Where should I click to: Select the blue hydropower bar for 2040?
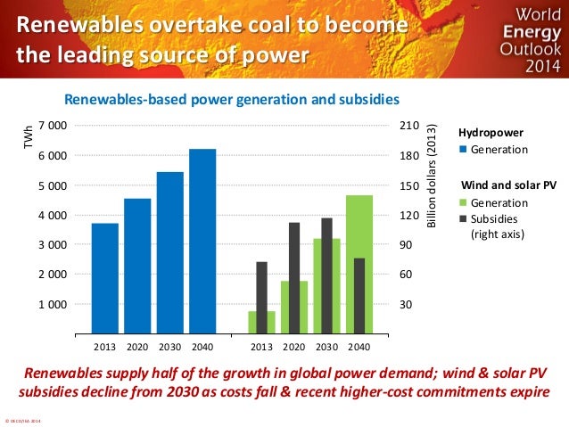click(202, 241)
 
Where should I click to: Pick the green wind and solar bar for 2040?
click(359, 263)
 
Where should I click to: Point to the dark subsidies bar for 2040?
click(359, 295)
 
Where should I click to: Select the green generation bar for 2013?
click(261, 322)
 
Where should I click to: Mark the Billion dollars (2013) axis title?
click(432, 172)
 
